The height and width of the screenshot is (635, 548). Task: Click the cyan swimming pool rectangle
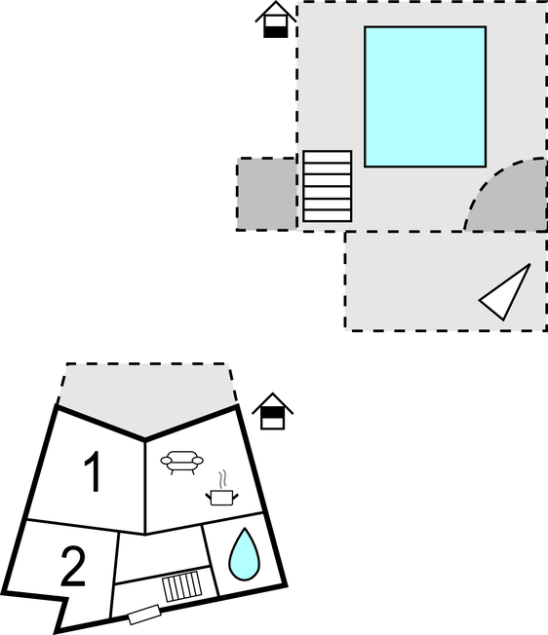click(x=425, y=96)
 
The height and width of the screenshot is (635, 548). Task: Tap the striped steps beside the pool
click(x=327, y=186)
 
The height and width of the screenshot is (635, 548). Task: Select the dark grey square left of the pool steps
click(x=266, y=194)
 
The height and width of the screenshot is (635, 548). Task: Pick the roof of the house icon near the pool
click(x=276, y=12)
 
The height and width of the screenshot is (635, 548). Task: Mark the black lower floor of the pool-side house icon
click(x=276, y=31)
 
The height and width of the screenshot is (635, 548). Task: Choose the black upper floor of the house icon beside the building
click(x=272, y=412)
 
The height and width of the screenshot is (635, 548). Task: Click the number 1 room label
click(x=93, y=471)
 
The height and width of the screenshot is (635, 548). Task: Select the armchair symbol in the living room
click(x=182, y=463)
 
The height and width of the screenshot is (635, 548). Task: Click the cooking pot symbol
click(x=221, y=498)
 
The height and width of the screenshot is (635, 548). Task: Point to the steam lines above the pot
click(x=222, y=479)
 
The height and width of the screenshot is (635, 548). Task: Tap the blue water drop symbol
click(x=244, y=554)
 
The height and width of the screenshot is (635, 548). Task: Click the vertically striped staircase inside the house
click(x=182, y=586)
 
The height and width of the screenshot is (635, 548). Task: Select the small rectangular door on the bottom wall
click(x=144, y=615)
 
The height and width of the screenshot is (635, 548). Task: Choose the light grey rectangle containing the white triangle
click(x=446, y=281)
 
